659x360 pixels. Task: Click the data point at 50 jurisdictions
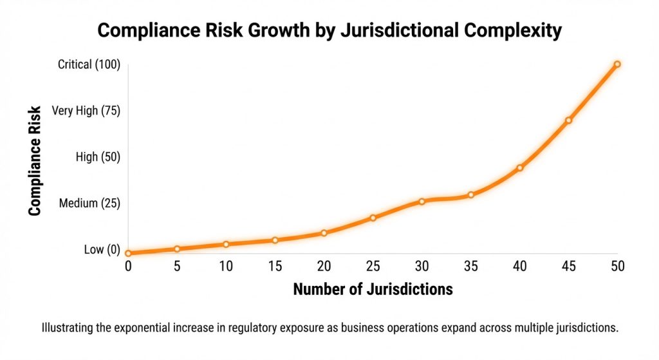pos(617,64)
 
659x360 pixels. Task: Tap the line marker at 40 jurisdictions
pos(520,168)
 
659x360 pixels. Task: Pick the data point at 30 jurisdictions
pos(422,202)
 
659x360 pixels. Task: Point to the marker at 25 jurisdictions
pos(373,218)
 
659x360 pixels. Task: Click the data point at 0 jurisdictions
pos(128,253)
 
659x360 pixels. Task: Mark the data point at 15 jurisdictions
pos(275,240)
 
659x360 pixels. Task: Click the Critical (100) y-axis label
pos(89,64)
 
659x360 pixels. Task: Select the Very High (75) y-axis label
pos(86,111)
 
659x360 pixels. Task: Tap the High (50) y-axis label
pos(97,157)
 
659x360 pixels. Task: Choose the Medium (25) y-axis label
pos(89,204)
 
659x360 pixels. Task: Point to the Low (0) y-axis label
pos(102,250)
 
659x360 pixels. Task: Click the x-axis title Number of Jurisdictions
pos(373,289)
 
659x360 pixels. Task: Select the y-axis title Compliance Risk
pos(35,160)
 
